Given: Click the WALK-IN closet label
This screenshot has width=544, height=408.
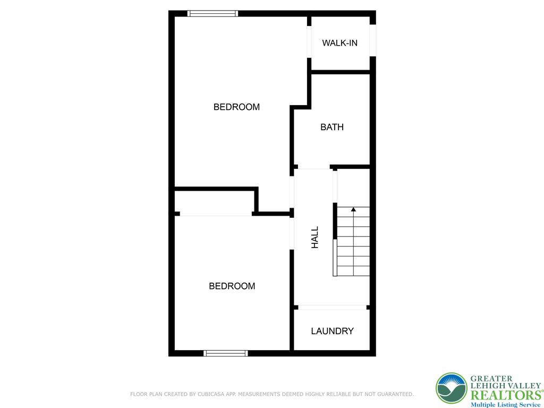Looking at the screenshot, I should coord(339,43).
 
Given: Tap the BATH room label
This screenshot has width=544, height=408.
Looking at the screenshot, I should coord(332,127).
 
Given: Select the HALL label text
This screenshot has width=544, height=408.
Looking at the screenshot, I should coord(315,237).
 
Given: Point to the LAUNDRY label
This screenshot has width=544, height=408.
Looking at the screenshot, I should coord(332,331).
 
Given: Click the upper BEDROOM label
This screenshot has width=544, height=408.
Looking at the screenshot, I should coord(236,107).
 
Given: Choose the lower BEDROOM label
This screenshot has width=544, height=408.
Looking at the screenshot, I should coord(232,286).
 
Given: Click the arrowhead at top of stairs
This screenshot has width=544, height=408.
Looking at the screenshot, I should coord(353,209).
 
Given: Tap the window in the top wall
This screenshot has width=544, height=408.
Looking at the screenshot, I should coord(212,14).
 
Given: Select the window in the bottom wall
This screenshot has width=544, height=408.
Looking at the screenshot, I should coord(226,353).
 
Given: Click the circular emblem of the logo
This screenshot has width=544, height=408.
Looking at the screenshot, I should coord(452,388).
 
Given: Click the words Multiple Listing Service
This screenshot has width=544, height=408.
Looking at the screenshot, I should coord(505,405).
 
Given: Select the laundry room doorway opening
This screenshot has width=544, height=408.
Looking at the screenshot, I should coord(332,307).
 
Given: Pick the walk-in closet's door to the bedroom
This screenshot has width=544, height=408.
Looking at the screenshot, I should coord(309,41).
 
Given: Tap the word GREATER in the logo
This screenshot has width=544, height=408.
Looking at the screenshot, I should coord(491,379).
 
